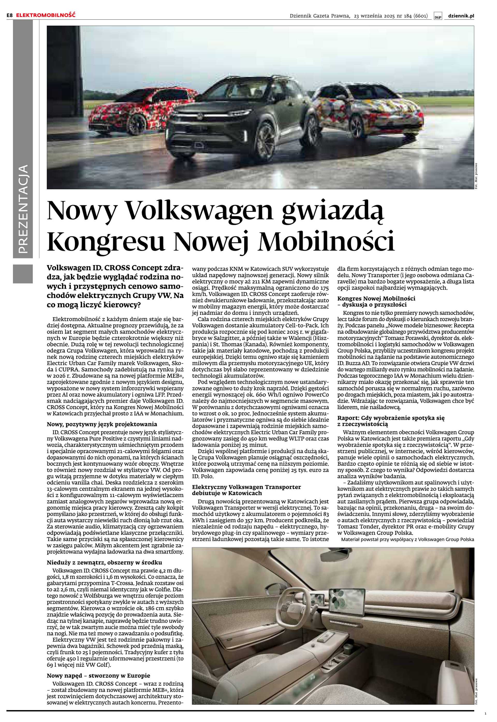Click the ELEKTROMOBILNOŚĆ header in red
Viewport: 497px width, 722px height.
(x=46, y=15)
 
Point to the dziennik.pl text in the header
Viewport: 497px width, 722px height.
(x=461, y=16)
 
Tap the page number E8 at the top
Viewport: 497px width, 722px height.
(x=10, y=15)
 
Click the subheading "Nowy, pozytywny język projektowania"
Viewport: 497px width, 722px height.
(x=102, y=424)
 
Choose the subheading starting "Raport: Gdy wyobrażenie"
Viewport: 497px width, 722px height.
(x=391, y=418)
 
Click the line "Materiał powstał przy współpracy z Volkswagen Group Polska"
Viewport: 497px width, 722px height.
(x=408, y=539)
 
